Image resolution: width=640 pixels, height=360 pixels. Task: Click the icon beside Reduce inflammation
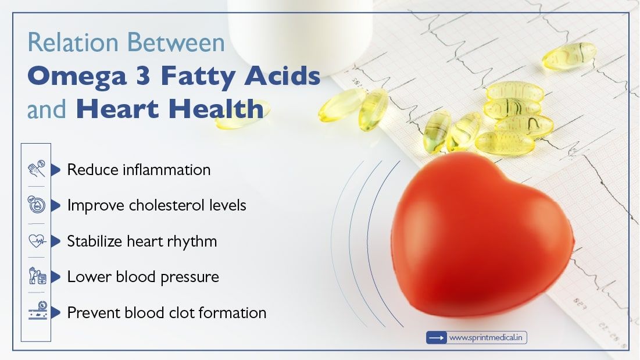point(36,169)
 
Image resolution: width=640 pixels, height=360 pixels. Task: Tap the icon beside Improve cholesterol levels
point(36,205)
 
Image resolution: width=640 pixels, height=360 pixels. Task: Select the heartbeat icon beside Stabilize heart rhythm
point(36,241)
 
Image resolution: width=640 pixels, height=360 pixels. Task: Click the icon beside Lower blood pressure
point(36,276)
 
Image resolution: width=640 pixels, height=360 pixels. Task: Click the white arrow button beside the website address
point(436,337)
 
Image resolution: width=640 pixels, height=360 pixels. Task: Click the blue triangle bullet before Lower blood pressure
point(56,277)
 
